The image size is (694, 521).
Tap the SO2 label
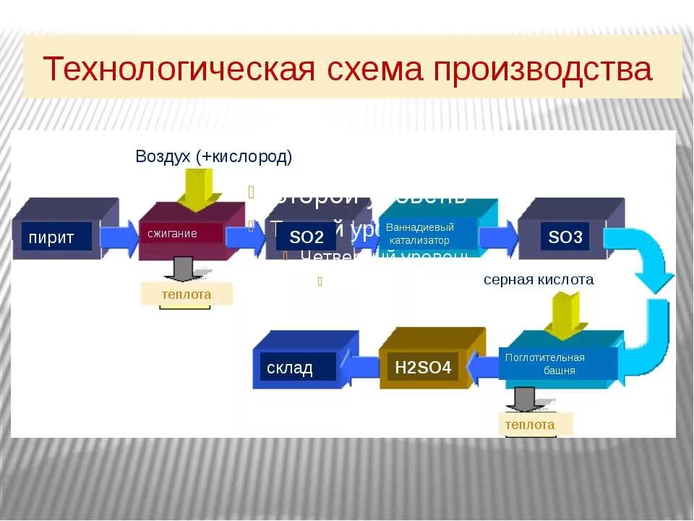pos(306,237)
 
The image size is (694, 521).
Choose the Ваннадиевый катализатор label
pos(427,234)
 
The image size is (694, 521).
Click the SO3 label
pos(565,237)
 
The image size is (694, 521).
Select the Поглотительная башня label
pos(557,364)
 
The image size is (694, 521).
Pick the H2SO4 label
pos(423,368)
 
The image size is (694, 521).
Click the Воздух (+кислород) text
pos(213,156)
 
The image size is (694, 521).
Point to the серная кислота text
pos(539,279)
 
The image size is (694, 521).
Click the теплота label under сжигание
pos(187,294)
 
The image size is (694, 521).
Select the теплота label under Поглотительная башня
pos(530,424)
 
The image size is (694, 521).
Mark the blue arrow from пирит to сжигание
pos(119,236)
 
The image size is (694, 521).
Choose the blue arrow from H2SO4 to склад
pos(361,368)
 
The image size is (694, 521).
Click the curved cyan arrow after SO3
pos(647,304)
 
